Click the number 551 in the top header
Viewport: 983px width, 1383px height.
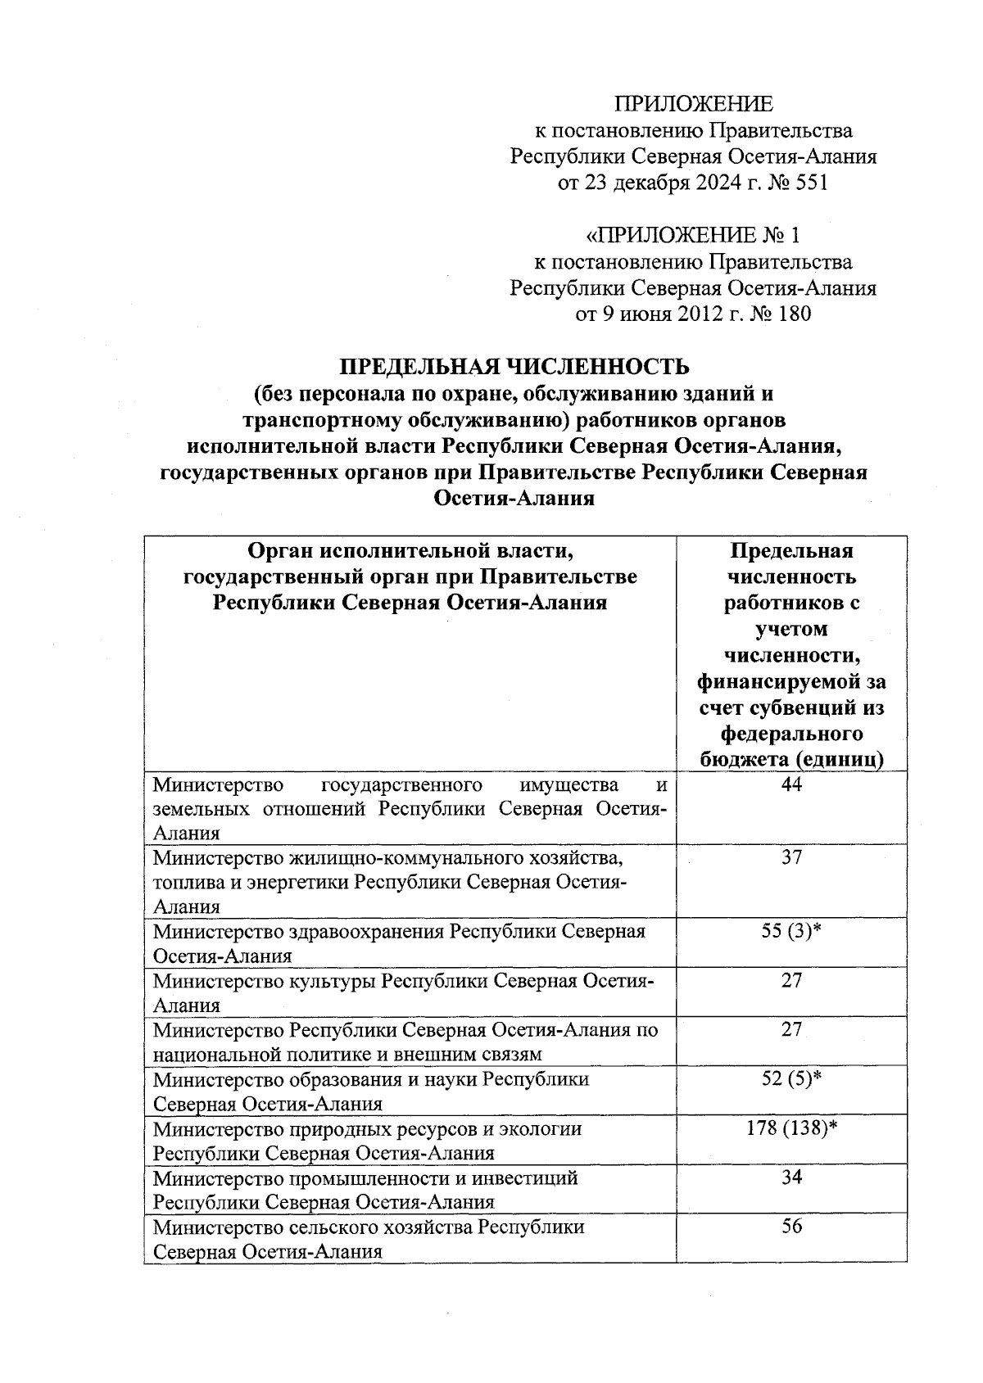tap(810, 183)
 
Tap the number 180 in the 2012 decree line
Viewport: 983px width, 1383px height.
tap(793, 314)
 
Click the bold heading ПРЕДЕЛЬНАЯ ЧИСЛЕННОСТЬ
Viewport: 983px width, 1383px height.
tap(515, 366)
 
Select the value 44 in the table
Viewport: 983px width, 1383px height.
tap(791, 786)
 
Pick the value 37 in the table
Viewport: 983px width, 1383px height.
tap(791, 858)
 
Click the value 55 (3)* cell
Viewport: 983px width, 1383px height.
tap(791, 932)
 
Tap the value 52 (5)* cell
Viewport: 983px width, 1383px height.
tap(791, 1079)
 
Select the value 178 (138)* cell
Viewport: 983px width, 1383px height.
tap(791, 1128)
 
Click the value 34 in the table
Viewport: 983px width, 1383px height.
tap(791, 1177)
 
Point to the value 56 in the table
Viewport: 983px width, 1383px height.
tap(791, 1227)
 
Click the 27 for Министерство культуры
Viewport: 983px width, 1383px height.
tap(791, 981)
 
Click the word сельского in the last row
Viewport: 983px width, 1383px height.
tap(332, 1227)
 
